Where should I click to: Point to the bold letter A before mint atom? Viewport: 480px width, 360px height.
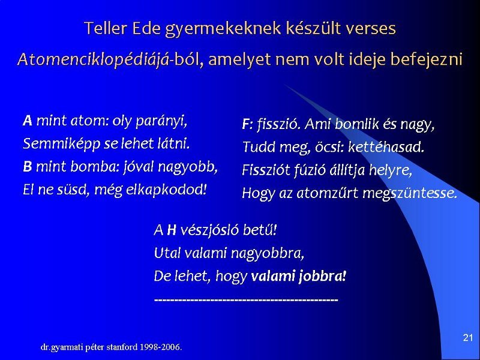click(28, 121)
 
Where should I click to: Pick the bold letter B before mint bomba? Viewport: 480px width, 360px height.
click(27, 167)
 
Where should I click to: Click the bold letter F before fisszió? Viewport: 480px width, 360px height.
click(246, 124)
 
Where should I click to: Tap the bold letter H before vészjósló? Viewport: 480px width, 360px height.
click(172, 230)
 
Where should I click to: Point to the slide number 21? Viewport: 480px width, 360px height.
click(468, 338)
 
